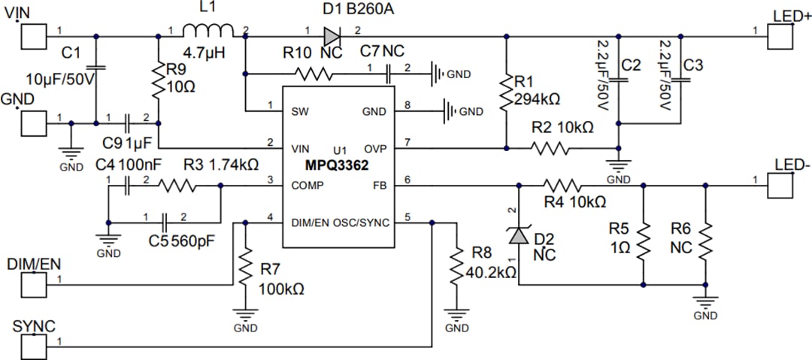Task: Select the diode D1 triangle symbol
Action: pyautogui.click(x=332, y=35)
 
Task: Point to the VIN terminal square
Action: pyautogui.click(x=33, y=36)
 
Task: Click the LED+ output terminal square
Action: pyautogui.click(x=780, y=36)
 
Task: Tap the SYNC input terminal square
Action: pyautogui.click(x=33, y=346)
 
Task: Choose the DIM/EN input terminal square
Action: pyautogui.click(x=33, y=284)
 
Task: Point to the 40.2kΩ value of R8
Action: pyautogui.click(x=491, y=272)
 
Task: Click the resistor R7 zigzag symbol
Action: pyautogui.click(x=246, y=265)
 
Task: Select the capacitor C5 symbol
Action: pyautogui.click(x=164, y=222)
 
